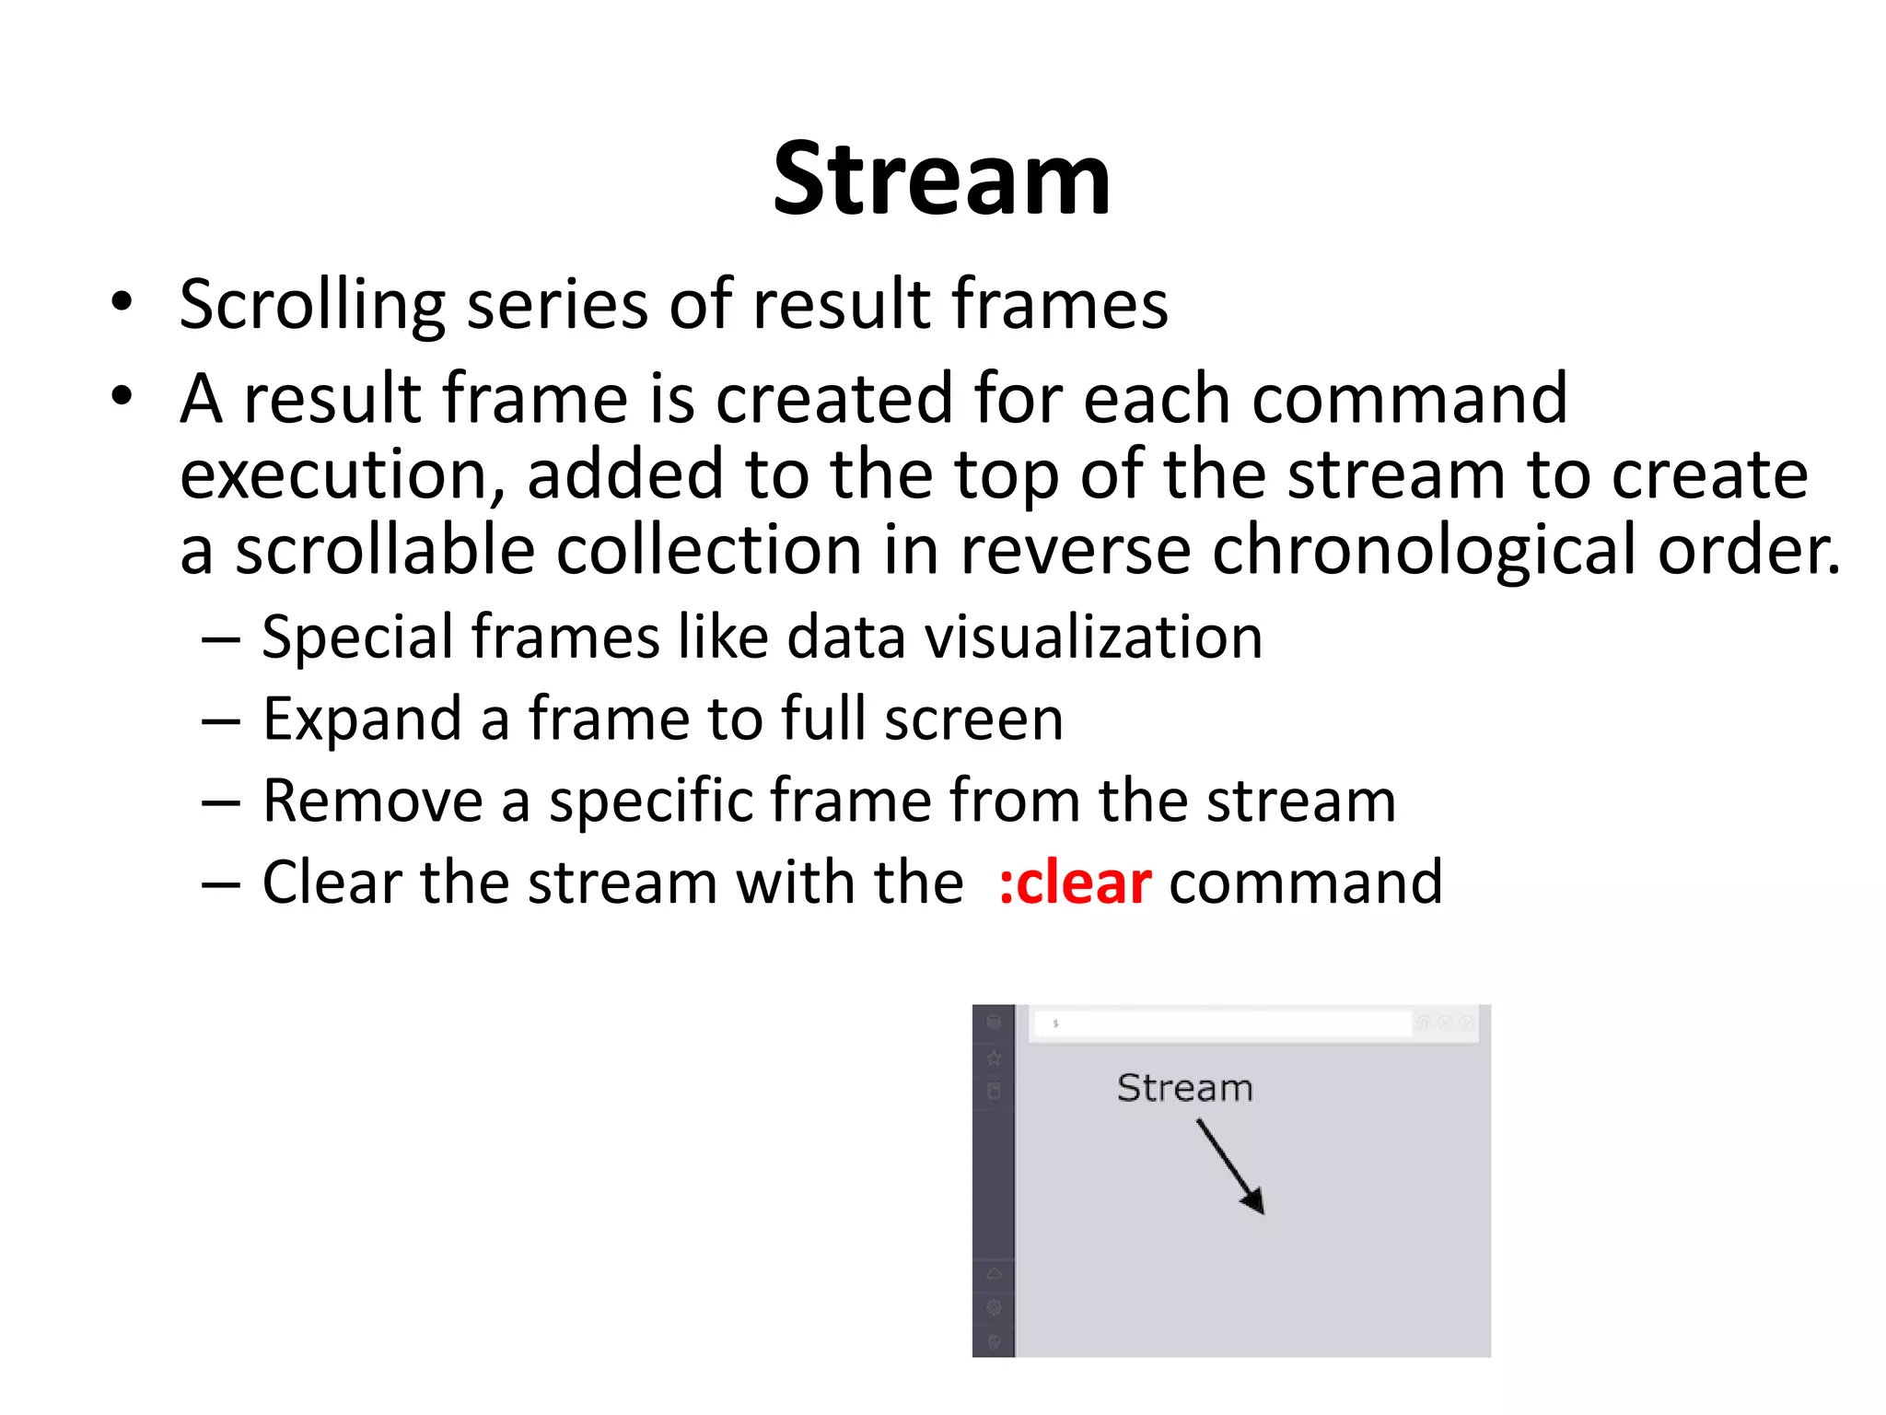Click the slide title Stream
(x=941, y=180)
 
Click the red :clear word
(x=1074, y=883)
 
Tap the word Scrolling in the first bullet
(x=311, y=305)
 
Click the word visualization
(x=1093, y=637)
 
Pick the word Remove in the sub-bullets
(x=372, y=801)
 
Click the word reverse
(x=1075, y=550)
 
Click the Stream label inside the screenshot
(x=1184, y=1088)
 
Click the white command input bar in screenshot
(x=1222, y=1023)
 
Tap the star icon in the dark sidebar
(x=994, y=1058)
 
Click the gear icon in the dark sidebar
(x=994, y=1307)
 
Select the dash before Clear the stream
(x=220, y=884)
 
